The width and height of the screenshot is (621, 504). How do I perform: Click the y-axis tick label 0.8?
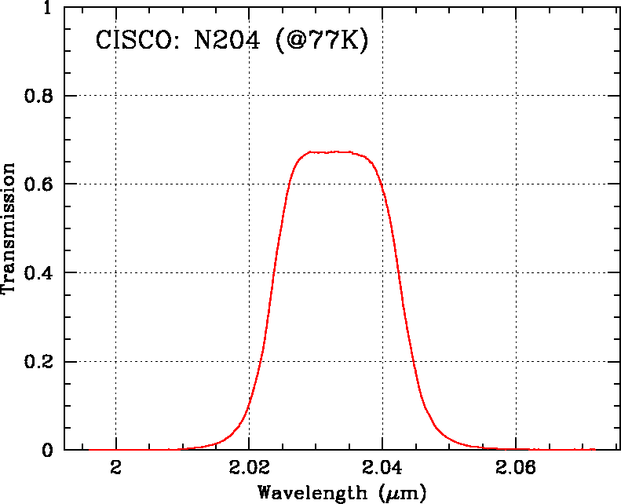click(38, 96)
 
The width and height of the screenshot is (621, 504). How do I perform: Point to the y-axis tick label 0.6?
click(38, 184)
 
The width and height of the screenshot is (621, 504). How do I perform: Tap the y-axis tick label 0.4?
click(38, 273)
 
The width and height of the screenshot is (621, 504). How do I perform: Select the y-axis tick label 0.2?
click(38, 362)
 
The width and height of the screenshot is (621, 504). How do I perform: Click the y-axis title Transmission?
click(10, 228)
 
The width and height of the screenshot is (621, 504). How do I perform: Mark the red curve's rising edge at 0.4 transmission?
click(275, 272)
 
